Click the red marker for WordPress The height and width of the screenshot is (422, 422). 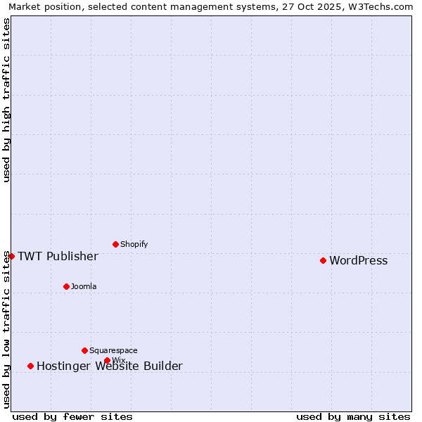click(x=323, y=260)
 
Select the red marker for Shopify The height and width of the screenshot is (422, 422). click(x=115, y=244)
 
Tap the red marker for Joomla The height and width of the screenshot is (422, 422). click(x=66, y=286)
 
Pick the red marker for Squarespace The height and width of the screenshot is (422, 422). click(x=84, y=350)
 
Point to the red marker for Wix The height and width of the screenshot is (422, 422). click(x=107, y=360)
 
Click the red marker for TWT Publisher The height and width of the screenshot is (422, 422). click(x=11, y=256)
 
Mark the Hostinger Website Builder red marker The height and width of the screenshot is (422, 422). click(x=30, y=366)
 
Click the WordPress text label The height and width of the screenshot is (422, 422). click(x=358, y=261)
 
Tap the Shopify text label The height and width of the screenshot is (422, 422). click(x=134, y=245)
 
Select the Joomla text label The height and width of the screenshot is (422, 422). click(x=84, y=287)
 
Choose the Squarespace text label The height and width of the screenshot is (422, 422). click(x=113, y=351)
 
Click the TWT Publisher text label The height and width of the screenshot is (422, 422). click(x=58, y=256)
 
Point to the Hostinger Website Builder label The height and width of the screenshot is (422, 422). click(x=109, y=366)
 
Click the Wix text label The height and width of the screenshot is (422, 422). click(x=119, y=361)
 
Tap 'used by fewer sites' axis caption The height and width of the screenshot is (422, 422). click(x=72, y=416)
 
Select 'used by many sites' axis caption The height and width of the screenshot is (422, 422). click(x=353, y=416)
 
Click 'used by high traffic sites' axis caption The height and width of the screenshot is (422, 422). click(x=6, y=100)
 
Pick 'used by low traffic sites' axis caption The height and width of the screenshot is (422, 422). click(x=6, y=329)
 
